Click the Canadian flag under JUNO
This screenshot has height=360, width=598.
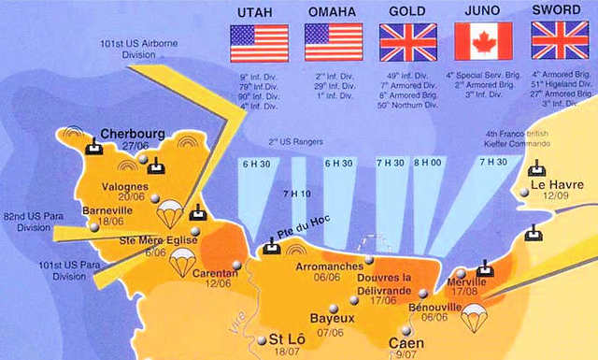click(483, 41)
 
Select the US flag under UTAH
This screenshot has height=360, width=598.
click(259, 41)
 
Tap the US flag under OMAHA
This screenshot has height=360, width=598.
click(334, 41)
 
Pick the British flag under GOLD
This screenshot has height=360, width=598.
click(408, 41)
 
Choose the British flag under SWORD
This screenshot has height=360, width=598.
click(558, 41)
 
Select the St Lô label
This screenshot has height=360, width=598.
click(287, 338)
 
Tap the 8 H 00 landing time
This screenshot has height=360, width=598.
click(428, 163)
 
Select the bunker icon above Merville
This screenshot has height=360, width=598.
click(484, 267)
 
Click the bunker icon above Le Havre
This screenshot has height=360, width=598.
click(536, 168)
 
